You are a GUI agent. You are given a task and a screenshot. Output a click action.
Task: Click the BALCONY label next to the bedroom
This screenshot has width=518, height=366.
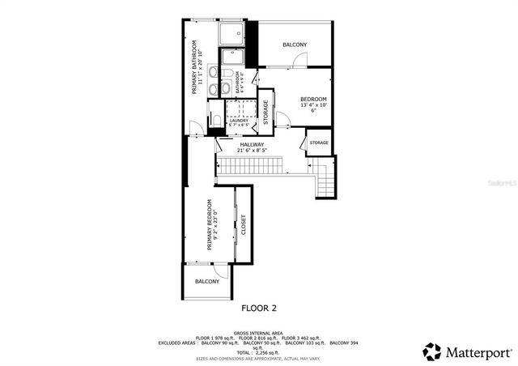click(x=295, y=45)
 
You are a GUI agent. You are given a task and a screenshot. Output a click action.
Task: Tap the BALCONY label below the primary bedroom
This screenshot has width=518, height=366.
click(x=207, y=281)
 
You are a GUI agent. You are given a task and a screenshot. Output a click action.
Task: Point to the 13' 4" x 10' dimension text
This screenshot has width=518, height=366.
click(x=312, y=105)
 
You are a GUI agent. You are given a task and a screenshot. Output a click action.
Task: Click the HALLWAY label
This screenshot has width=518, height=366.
click(x=252, y=144)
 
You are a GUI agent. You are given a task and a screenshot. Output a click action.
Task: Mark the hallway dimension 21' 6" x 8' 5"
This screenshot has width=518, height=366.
click(x=252, y=151)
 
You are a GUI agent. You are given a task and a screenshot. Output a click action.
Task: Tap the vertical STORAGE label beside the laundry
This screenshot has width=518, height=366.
click(x=265, y=113)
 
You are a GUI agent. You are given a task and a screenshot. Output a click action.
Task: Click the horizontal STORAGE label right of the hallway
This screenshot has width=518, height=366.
click(x=319, y=143)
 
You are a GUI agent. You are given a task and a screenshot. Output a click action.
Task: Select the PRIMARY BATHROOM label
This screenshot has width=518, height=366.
click(x=194, y=66)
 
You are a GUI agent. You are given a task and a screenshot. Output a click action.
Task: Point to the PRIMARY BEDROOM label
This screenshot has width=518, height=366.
click(x=209, y=224)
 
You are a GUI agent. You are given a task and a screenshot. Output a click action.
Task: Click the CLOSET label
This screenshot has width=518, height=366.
click(x=243, y=225)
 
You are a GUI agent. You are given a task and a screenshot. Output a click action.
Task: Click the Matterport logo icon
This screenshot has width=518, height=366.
click(x=433, y=351)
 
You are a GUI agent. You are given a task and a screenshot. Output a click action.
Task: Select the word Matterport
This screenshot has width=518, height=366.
click(x=479, y=352)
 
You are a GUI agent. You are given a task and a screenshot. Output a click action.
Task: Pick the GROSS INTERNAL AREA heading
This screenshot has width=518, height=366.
click(x=258, y=333)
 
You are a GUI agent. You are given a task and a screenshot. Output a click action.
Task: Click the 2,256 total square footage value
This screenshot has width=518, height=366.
click(x=265, y=352)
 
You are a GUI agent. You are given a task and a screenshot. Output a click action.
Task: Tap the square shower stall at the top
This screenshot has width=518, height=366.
click(x=232, y=32)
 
